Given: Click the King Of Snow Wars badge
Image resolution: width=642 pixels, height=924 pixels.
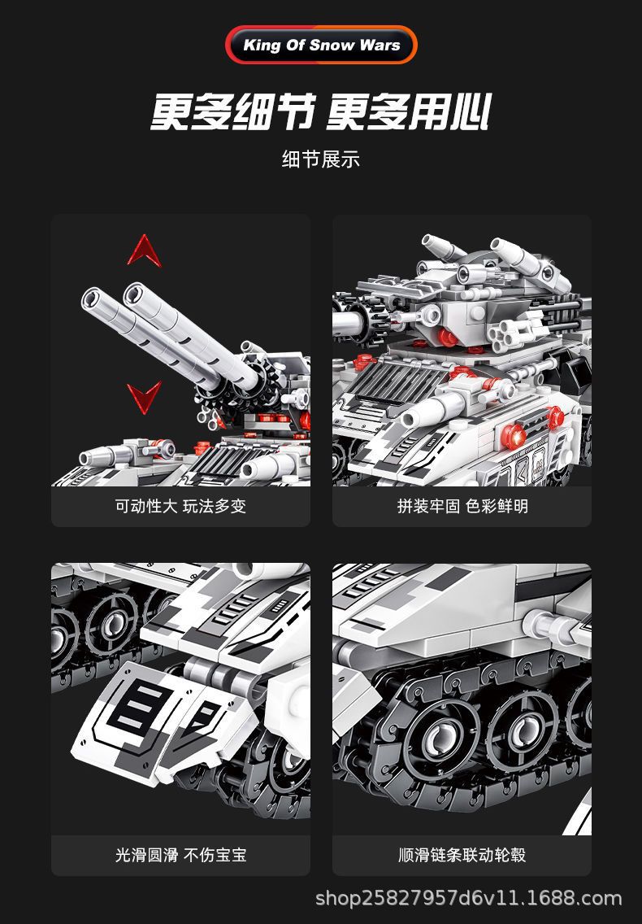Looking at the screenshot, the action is [321, 45].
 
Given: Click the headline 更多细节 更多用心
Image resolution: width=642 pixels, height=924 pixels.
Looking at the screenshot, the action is [321, 111].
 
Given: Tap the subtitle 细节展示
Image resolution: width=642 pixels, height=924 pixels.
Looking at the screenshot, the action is [321, 159].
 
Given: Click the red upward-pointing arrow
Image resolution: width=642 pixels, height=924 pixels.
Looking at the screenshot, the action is [144, 250].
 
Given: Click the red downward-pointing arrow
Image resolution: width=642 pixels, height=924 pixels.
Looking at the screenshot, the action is [145, 397].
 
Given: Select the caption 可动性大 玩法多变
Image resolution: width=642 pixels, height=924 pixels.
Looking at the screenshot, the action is [180, 506].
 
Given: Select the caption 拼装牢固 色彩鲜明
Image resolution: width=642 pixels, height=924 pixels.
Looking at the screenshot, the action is [462, 506].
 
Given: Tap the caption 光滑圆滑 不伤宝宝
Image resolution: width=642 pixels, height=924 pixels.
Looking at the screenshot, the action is [180, 855].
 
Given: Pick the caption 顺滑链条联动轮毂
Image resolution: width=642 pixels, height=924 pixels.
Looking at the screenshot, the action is [462, 855].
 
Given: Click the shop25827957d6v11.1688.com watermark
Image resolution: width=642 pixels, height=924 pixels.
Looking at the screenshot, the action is [468, 898].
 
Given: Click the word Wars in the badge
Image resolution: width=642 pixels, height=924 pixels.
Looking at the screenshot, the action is [380, 46].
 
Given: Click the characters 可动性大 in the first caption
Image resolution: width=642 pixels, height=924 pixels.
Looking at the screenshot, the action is [146, 506].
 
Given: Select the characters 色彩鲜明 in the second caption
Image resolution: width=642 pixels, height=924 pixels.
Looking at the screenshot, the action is [497, 506].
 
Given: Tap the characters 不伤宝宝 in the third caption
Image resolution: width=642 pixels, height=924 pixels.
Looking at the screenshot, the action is [215, 855].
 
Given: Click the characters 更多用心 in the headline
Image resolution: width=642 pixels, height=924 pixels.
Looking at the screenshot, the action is [409, 111].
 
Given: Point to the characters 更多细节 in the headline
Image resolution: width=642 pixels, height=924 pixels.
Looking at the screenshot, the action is [232, 111].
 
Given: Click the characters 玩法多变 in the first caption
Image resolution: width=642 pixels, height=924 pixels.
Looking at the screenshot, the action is [215, 506].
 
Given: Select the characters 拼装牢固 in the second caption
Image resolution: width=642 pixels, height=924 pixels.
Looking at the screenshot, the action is [428, 506].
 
